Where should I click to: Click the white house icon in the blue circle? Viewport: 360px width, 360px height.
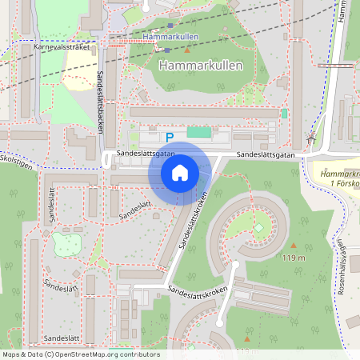click(x=179, y=172)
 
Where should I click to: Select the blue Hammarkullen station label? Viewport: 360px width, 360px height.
click(x=171, y=37)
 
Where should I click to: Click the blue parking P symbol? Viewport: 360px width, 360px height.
click(x=170, y=138)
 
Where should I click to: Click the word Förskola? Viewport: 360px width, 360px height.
click(x=344, y=183)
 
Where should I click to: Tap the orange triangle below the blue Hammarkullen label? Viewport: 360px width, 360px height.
click(x=188, y=50)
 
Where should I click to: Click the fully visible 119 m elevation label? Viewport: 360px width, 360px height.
click(x=294, y=258)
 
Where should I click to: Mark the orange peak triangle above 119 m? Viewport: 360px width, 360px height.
click(x=293, y=246)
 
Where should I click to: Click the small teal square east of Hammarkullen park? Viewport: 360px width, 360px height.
click(x=284, y=114)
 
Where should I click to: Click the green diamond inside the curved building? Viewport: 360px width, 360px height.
click(x=258, y=230)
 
